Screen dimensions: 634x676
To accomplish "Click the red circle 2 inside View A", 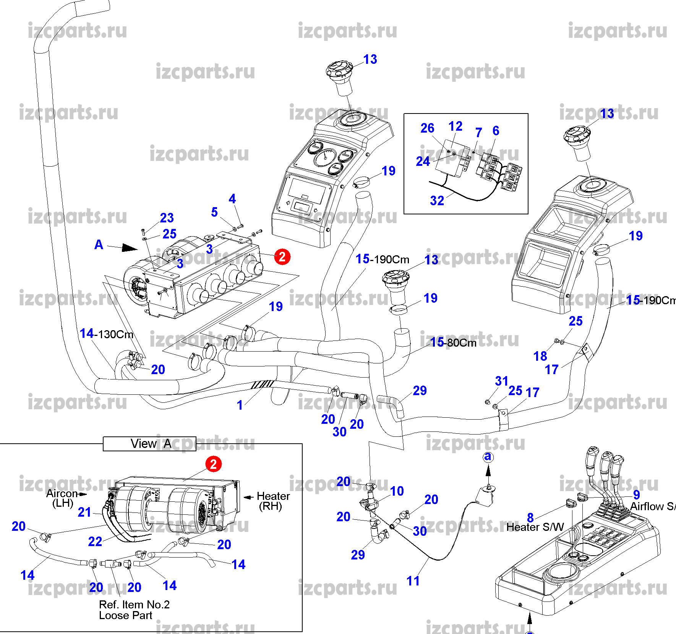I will [213, 464].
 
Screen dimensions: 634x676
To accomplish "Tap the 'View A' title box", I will [149, 444].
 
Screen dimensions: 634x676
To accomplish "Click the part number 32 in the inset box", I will [437, 201].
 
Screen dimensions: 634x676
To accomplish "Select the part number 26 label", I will [427, 128].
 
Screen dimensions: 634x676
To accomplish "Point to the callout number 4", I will [232, 199].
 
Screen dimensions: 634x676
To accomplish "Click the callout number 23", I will [167, 218].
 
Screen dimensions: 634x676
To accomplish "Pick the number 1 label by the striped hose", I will [240, 405].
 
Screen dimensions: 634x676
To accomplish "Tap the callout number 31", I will [501, 381].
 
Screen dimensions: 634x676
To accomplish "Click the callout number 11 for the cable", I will [413, 581].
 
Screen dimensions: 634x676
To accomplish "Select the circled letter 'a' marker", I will [488, 457].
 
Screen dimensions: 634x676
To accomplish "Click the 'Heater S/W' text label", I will [535, 527].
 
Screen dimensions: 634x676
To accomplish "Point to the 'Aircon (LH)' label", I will [62, 498].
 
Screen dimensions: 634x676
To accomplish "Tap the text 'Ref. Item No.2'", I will [134, 605].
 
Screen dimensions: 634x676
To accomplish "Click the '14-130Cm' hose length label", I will [106, 334].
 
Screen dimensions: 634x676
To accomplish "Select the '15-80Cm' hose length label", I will [453, 342].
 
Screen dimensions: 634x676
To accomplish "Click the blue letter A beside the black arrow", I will [99, 245].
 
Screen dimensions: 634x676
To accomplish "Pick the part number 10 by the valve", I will [397, 491].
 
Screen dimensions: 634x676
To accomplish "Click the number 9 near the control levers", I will [636, 495].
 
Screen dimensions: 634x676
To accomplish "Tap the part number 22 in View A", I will [95, 542].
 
